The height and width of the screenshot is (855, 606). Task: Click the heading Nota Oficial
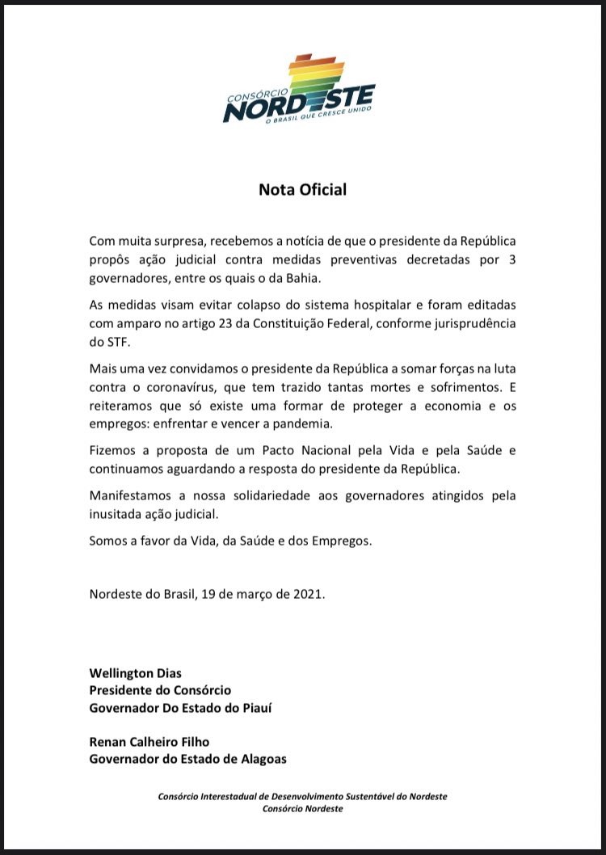tap(302, 190)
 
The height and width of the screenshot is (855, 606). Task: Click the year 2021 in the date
tap(307, 594)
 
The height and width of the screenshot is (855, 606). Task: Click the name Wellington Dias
tap(137, 672)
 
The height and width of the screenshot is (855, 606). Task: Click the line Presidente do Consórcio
tap(160, 690)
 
